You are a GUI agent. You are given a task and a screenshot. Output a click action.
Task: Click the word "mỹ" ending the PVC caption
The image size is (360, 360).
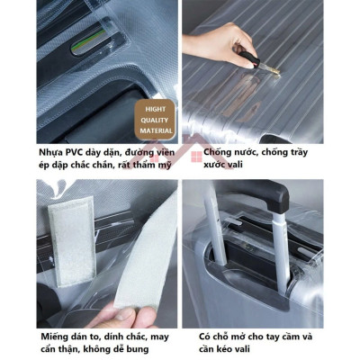166,165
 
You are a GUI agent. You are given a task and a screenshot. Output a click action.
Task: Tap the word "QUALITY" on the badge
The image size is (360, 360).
154,117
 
